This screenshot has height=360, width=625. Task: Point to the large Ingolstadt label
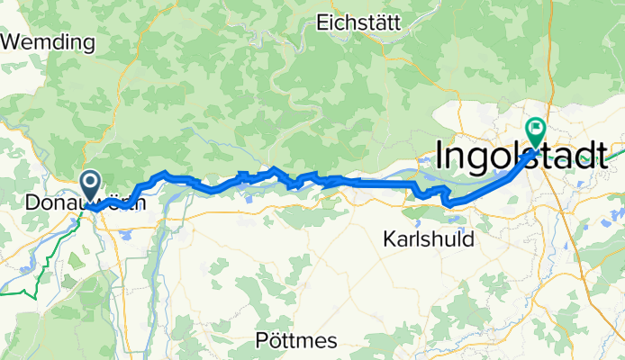[528, 155]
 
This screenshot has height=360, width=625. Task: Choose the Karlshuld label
[427, 240]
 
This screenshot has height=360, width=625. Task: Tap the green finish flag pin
[536, 131]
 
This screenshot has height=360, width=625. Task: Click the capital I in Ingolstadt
[440, 155]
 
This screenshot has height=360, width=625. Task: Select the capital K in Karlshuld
[388, 240]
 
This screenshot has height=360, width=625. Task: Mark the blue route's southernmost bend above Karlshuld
[450, 203]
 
